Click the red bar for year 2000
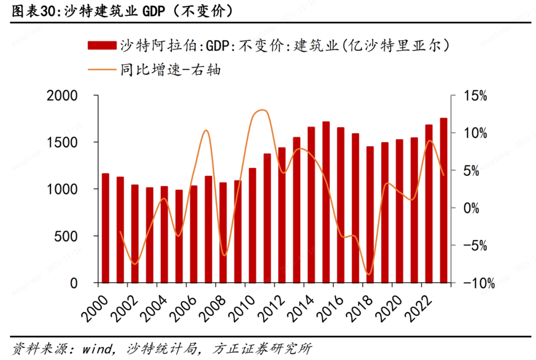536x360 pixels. pos(105,228)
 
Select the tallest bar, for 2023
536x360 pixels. pos(443,200)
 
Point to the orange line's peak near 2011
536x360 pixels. pos(263,110)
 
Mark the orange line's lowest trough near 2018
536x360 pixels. pos(368,274)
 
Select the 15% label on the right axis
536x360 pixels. pos(475,96)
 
